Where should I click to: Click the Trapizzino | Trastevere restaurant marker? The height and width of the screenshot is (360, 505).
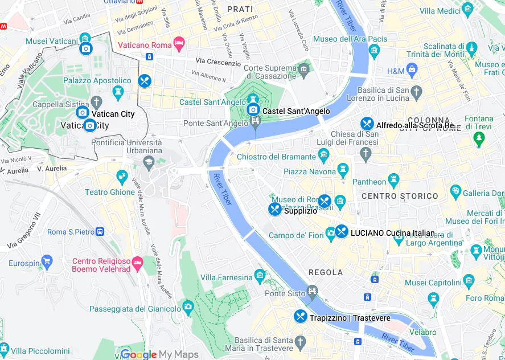(x=301, y=316)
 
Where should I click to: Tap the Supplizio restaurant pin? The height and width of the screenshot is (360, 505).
(x=275, y=209)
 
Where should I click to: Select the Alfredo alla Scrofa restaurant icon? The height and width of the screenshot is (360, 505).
(x=367, y=124)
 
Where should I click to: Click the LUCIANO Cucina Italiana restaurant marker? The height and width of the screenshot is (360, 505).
(x=341, y=231)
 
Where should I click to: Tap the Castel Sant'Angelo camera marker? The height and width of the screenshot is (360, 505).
(x=253, y=109)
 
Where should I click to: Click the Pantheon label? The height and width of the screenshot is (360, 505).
(x=369, y=182)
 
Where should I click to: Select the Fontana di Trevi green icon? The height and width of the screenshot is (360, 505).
(x=479, y=138)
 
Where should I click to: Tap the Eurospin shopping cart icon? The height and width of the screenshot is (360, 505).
(x=47, y=263)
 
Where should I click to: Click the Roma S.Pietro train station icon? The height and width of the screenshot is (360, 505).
(x=100, y=231)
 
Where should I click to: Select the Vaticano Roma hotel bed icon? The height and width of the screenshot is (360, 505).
(x=179, y=43)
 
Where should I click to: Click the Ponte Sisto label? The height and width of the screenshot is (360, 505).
(x=285, y=293)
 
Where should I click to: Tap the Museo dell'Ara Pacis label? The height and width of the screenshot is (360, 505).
(x=350, y=39)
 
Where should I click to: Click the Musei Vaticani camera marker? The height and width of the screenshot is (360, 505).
(x=86, y=48)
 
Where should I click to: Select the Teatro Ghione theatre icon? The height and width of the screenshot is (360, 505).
(x=121, y=175)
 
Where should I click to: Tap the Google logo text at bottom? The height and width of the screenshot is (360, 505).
(x=138, y=354)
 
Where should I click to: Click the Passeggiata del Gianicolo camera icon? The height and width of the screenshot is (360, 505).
(x=188, y=308)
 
